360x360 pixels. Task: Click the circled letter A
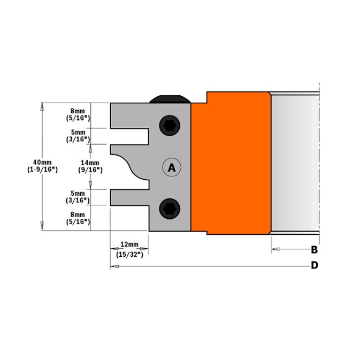tap(172, 167)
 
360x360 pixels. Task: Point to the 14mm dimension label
tap(89, 163)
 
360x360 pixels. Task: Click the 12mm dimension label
tap(129, 244)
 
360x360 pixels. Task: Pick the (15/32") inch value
tap(129, 255)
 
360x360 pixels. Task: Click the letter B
tap(315, 249)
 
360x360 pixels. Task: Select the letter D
tap(315, 265)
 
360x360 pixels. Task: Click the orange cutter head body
tap(230, 166)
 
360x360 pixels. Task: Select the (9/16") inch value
tap(89, 170)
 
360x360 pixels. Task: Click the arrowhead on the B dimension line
tap(274, 249)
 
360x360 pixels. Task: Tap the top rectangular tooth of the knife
tap(128, 116)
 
